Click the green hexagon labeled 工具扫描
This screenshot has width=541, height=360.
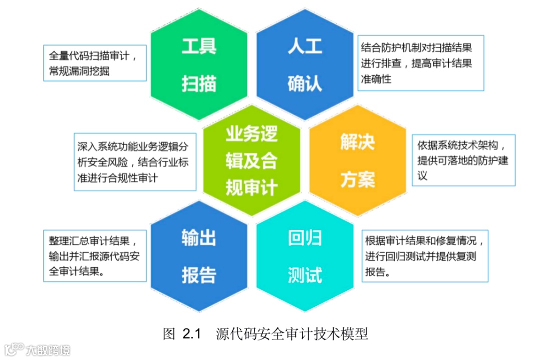(199, 65)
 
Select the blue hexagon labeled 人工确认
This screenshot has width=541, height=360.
(305, 65)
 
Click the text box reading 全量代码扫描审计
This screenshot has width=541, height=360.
(95, 63)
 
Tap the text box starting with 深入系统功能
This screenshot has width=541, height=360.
(135, 162)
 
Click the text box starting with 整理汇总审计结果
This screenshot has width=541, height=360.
(95, 256)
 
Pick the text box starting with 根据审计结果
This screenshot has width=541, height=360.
(425, 256)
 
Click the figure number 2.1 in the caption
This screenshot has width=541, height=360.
(191, 333)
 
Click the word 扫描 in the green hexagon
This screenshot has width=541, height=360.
(199, 83)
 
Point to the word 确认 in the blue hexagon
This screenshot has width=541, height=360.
(305, 83)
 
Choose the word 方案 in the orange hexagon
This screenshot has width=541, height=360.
(358, 179)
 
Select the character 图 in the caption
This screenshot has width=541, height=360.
(169, 333)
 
